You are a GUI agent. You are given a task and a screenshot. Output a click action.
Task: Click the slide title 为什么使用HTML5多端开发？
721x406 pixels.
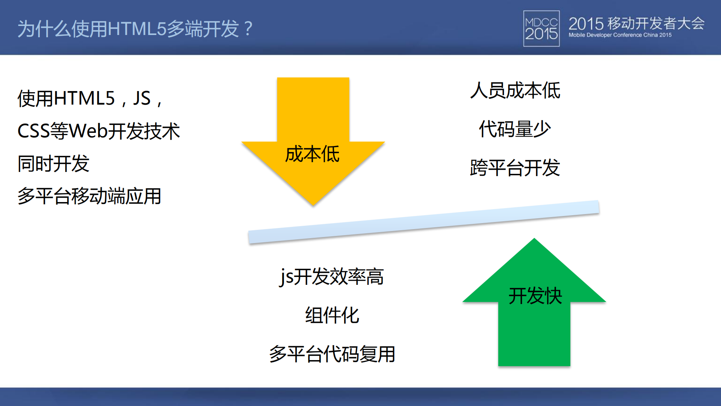tap(135, 29)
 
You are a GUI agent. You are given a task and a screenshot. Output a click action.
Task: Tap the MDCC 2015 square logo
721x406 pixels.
tap(541, 29)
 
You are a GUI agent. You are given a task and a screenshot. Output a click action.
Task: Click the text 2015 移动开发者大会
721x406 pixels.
tap(636, 23)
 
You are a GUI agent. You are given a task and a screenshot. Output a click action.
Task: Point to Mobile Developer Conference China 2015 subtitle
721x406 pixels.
tap(620, 35)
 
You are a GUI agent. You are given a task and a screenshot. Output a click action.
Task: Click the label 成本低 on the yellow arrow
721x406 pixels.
tap(312, 154)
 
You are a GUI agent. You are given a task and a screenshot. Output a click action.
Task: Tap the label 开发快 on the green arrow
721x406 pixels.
tap(535, 296)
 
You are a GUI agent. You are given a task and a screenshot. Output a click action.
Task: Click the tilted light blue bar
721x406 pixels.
tap(423, 222)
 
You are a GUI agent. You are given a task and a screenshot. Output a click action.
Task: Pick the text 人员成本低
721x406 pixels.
tap(515, 91)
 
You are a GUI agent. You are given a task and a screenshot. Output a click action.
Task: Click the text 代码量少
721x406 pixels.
tap(515, 129)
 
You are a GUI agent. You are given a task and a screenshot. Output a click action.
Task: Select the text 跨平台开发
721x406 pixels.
tap(515, 167)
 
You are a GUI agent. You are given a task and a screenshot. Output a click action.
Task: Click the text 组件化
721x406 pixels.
tap(332, 315)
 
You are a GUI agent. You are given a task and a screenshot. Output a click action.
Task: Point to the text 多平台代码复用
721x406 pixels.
tap(332, 354)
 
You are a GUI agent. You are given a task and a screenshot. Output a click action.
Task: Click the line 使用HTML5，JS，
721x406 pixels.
tap(90, 99)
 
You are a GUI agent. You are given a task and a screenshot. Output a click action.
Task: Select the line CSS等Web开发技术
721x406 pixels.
tap(98, 131)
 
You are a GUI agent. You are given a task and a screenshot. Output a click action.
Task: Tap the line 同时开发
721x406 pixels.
tap(53, 164)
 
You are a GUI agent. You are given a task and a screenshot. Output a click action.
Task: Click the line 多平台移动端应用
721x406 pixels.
tap(89, 196)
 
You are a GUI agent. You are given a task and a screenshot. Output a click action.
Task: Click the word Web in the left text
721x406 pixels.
tap(89, 131)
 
